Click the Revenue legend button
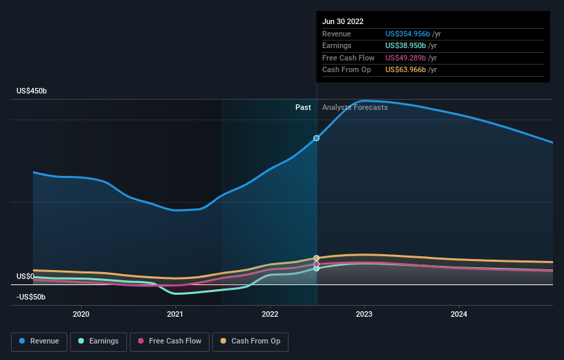[39, 341]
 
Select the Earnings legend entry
[98, 341]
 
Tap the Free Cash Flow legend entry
[170, 341]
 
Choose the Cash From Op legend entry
[250, 341]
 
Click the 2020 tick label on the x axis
[81, 314]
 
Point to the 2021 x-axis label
[175, 314]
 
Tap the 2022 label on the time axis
[270, 314]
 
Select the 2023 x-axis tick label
[364, 314]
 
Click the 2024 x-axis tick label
[459, 314]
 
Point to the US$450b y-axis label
[32, 91]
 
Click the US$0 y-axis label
[25, 276]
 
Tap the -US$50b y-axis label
[31, 297]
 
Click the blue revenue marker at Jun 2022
[316, 138]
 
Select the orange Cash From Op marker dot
[316, 258]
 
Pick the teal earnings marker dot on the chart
[316, 269]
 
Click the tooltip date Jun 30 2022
[343, 21]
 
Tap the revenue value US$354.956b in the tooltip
[407, 34]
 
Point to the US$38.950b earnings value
[405, 45]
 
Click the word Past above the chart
[303, 107]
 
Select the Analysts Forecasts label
[354, 107]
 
